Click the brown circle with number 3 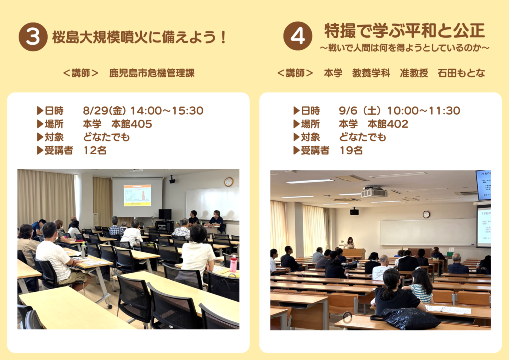point(33,37)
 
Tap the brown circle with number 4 point(298,36)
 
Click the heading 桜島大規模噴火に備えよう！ point(140,37)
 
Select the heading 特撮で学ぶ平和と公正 point(405,31)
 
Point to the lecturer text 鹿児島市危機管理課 point(152,73)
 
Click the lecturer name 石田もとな point(461,73)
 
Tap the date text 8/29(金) point(104,111)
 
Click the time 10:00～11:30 point(424,111)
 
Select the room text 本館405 point(131,124)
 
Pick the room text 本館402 point(388,124)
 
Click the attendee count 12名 point(95,150)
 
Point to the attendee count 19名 point(351,150)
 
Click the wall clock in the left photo point(229,182)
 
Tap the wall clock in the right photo point(426,214)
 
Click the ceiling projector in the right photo point(374,192)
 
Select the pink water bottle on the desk point(233,264)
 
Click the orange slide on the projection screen point(137,195)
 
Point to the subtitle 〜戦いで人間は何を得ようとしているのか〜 point(405,48)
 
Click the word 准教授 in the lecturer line point(414,73)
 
